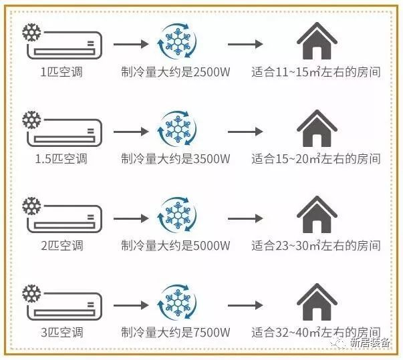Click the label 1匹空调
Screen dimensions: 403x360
[61, 71]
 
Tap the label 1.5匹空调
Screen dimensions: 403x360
[61, 159]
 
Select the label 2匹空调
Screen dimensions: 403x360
[62, 246]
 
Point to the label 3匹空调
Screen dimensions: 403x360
[62, 332]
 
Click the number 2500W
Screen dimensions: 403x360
[211, 72]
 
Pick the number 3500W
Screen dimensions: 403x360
[211, 159]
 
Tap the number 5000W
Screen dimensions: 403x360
[211, 246]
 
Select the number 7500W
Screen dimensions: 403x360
[211, 332]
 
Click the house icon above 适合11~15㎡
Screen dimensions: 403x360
[317, 41]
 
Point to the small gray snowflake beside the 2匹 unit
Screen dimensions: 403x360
[31, 206]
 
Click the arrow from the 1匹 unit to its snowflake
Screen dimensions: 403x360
[131, 44]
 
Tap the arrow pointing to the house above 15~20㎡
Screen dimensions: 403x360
[245, 132]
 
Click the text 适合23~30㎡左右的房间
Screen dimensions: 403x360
[316, 246]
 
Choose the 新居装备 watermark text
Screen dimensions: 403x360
[370, 343]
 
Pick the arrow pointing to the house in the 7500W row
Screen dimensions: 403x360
[245, 305]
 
